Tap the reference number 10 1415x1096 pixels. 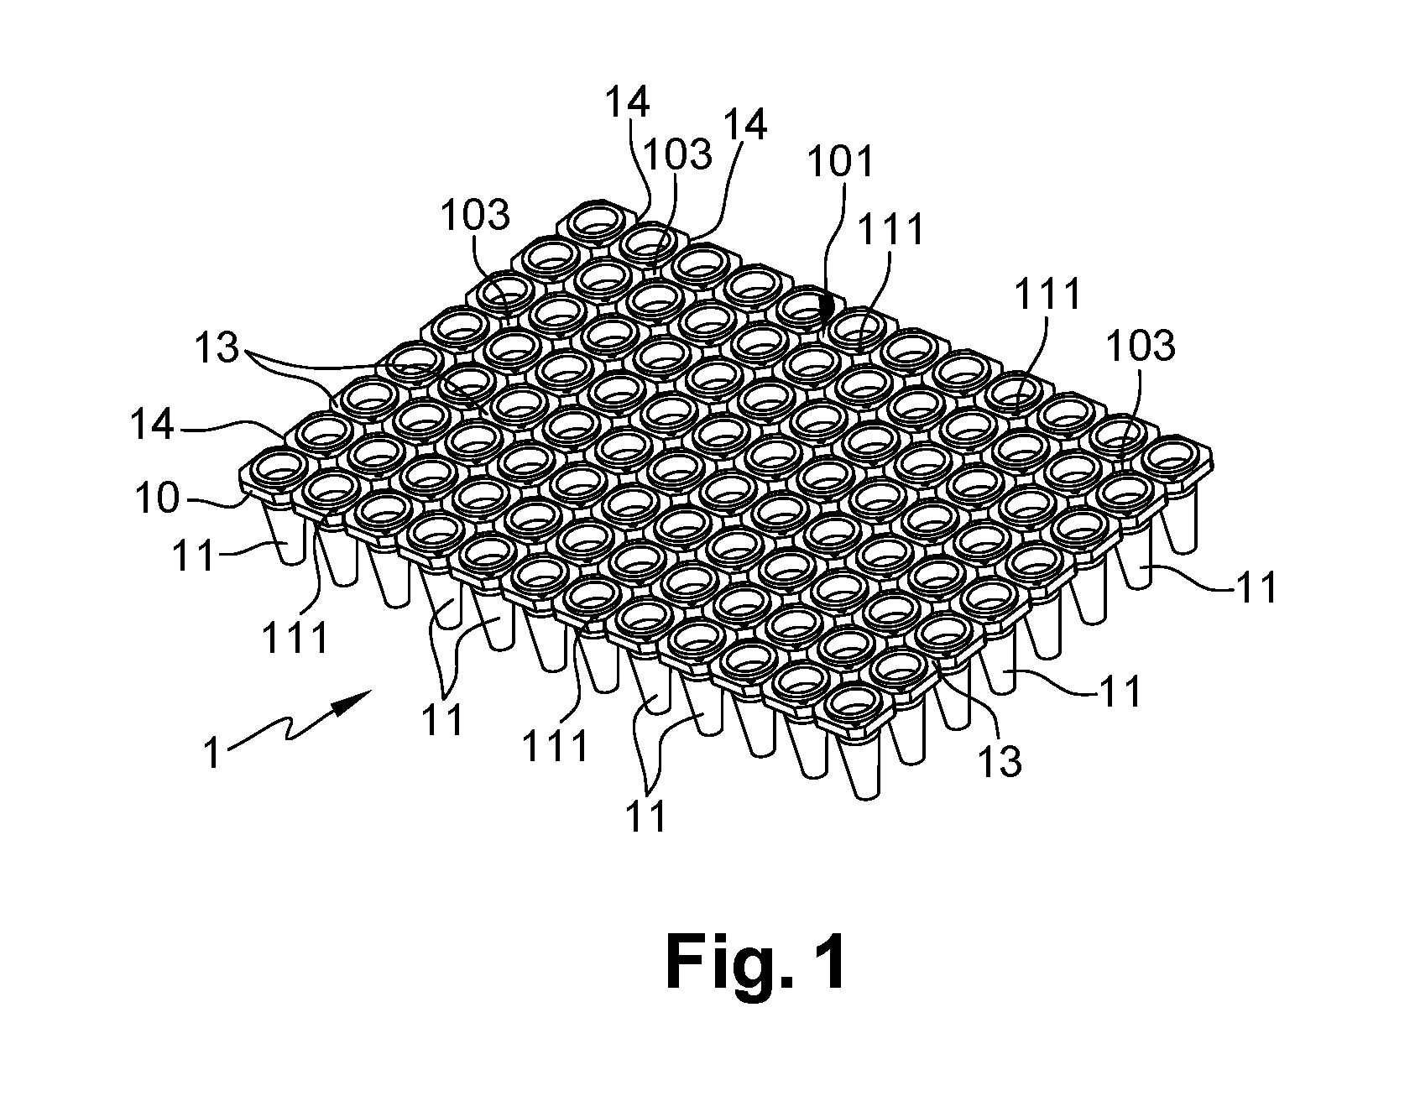[x=158, y=498]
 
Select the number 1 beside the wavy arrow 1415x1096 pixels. [x=213, y=752]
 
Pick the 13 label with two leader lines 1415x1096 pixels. [x=218, y=347]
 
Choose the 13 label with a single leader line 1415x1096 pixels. [x=1000, y=760]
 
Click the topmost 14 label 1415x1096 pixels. [x=627, y=102]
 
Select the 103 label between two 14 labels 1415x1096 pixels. [x=678, y=154]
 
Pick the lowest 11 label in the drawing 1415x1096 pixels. [x=647, y=815]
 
